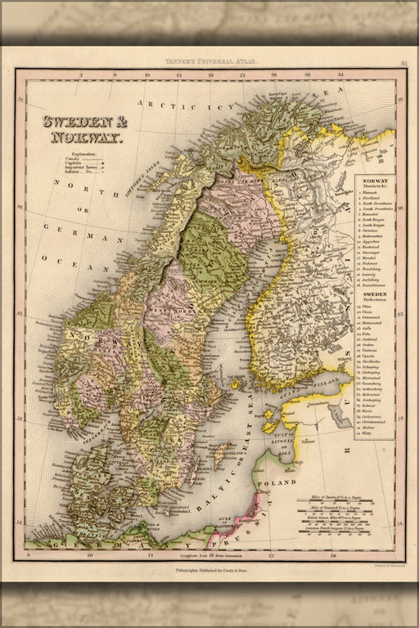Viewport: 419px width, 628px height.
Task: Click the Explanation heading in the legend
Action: pos(83,154)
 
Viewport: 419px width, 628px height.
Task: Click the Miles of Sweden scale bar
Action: pos(340,500)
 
